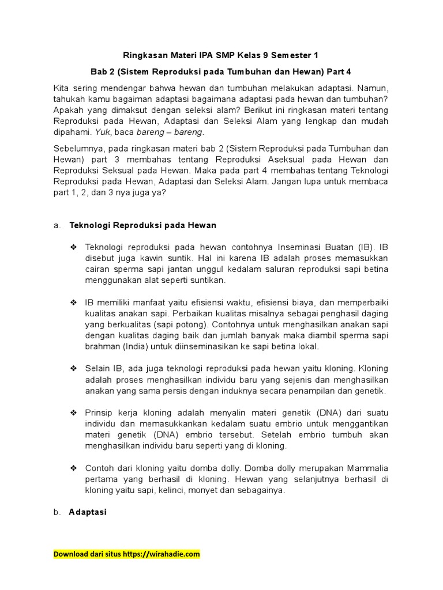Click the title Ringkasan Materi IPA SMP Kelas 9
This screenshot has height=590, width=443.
pos(221,55)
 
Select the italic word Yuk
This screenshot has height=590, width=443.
pos(102,132)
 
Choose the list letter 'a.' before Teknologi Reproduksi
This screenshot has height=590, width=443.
pos(57,225)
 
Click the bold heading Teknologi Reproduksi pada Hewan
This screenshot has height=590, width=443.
pos(143,225)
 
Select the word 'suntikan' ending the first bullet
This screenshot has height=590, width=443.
pos(209,280)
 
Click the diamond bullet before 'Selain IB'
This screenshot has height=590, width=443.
pos(73,369)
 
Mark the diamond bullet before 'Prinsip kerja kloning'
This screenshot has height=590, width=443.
pos(73,413)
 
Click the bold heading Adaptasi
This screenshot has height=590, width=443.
pos(88,512)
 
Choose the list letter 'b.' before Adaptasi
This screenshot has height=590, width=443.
pos(57,512)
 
